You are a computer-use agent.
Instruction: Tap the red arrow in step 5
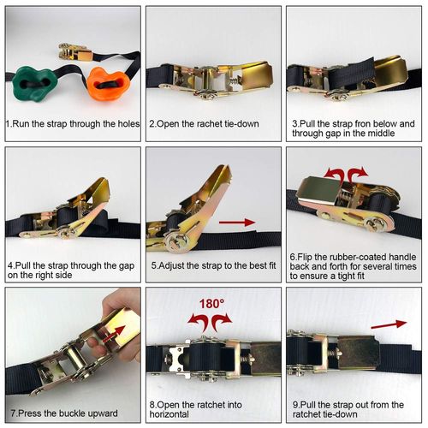pos(236,223)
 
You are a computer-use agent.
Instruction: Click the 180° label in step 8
pos(211,303)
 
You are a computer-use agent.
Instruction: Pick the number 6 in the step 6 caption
pos(293,255)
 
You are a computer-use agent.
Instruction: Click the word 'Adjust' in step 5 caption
pos(177,265)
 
